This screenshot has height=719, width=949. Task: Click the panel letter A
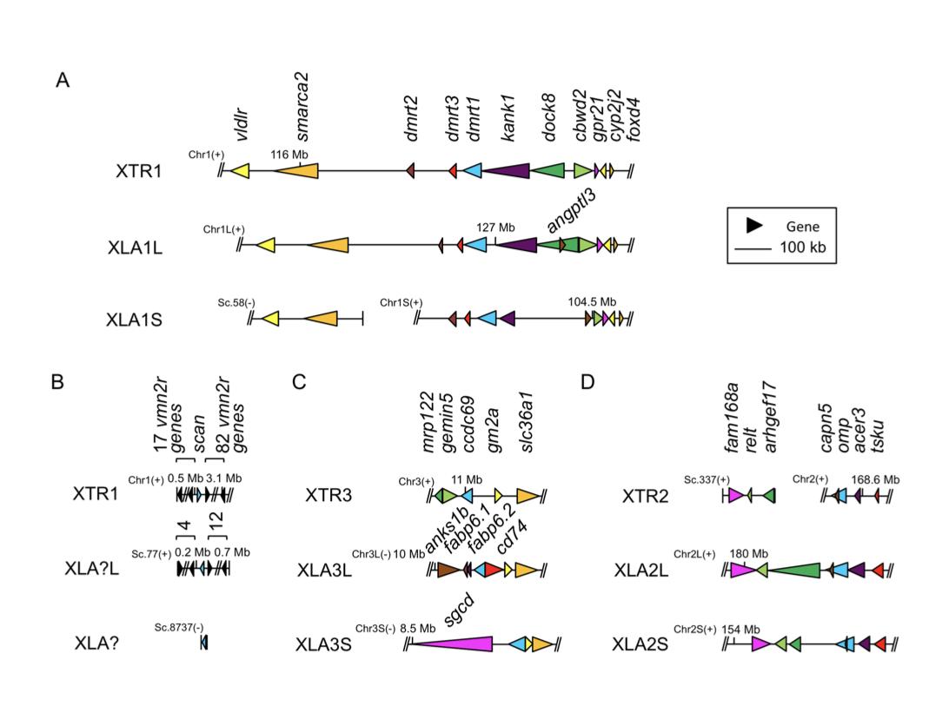pyautogui.click(x=63, y=81)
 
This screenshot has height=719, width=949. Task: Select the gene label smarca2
pyautogui.click(x=302, y=106)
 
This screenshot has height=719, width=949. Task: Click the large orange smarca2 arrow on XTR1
pyautogui.click(x=295, y=171)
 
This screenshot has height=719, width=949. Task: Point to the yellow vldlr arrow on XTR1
pyautogui.click(x=239, y=171)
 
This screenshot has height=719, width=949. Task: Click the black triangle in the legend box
pyautogui.click(x=755, y=225)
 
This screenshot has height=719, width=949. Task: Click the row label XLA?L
pyautogui.click(x=103, y=569)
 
